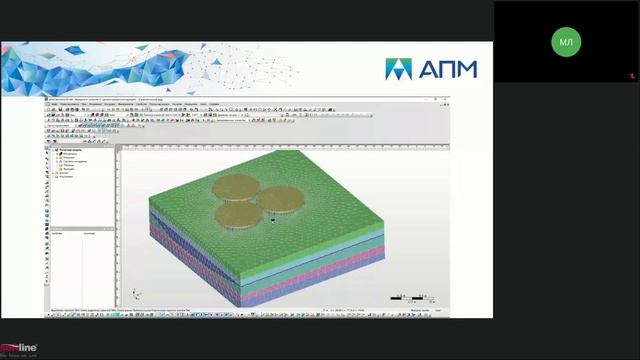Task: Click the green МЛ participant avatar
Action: [x=567, y=41]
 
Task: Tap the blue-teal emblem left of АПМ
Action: [x=398, y=69]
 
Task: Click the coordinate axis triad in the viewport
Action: [x=136, y=294]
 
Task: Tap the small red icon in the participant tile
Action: [x=631, y=76]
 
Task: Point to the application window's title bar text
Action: [x=100, y=99]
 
